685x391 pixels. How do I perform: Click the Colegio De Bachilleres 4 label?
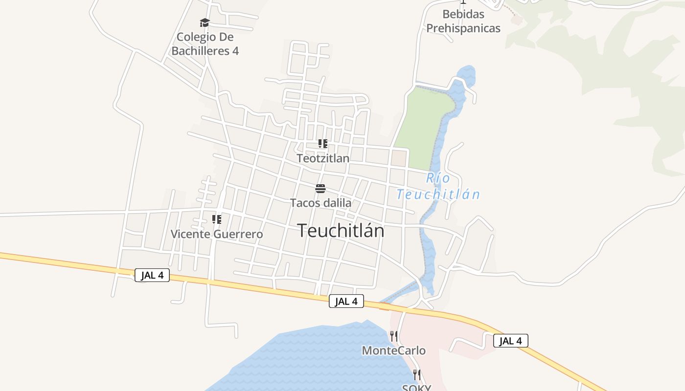[205, 43]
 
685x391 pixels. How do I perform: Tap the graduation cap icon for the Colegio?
[205, 22]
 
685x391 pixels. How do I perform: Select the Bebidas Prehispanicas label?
[463, 21]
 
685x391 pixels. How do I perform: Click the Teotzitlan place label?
[323, 158]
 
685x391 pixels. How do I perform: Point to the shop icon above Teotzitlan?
[322, 144]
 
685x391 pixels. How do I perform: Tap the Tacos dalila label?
[320, 203]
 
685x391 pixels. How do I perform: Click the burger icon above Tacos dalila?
[320, 189]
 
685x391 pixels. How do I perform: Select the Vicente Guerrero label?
[216, 234]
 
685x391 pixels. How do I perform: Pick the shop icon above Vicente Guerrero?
[216, 219]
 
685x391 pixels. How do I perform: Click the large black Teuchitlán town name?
[341, 231]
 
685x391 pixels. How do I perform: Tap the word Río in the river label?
[438, 178]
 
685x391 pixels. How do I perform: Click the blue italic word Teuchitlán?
[438, 195]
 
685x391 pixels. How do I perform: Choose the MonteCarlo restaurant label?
[393, 350]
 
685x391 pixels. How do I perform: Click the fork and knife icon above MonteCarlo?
[393, 336]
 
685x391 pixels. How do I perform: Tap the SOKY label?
[416, 388]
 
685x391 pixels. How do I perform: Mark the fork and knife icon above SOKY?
[416, 375]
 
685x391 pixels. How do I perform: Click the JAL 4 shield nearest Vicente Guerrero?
[152, 275]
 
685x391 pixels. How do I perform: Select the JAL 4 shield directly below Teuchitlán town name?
[346, 301]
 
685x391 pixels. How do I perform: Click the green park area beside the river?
[421, 127]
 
